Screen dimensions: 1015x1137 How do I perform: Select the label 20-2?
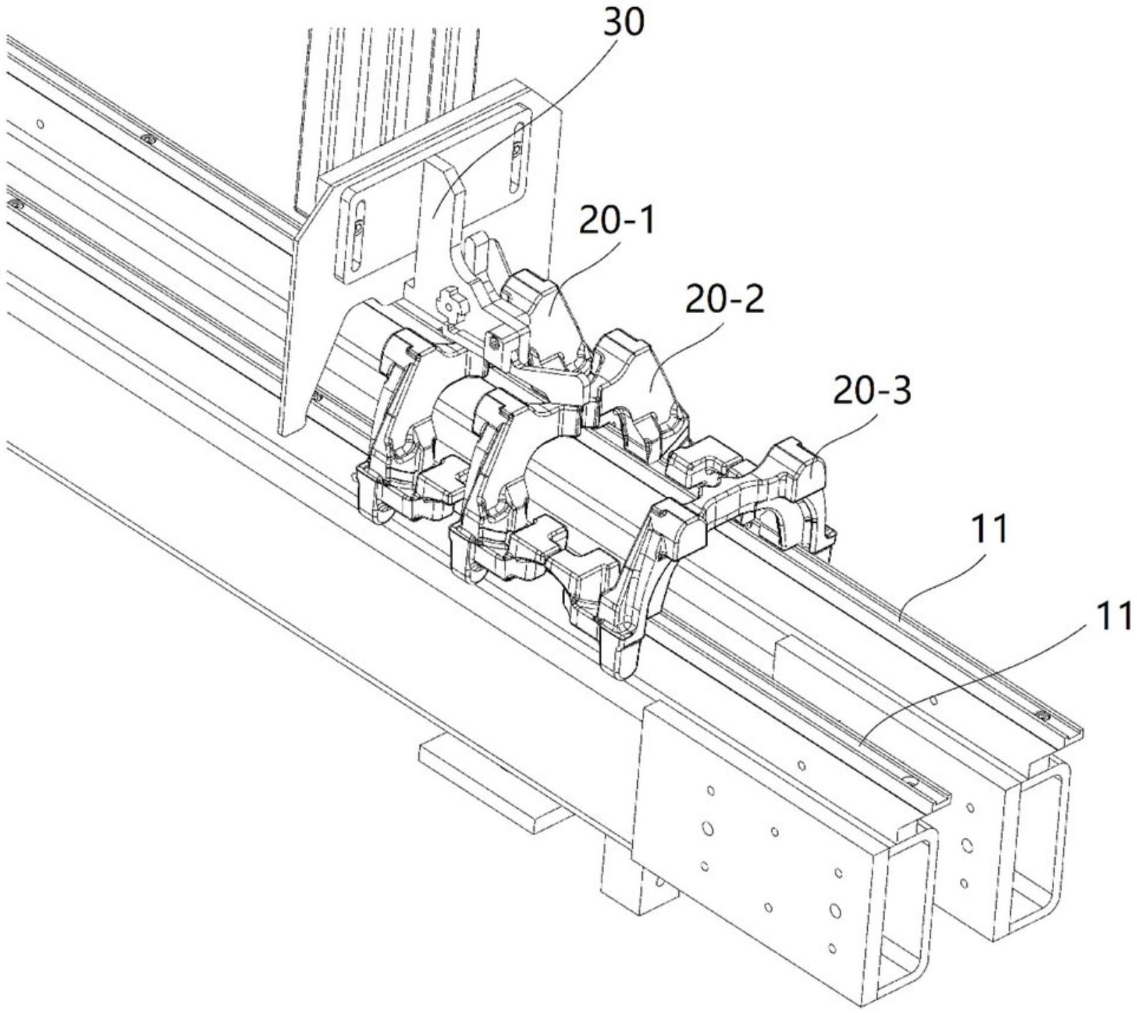coord(724,300)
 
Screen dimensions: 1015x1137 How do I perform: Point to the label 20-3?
coord(872,392)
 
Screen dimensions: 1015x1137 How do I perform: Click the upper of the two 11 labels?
coord(989,531)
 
